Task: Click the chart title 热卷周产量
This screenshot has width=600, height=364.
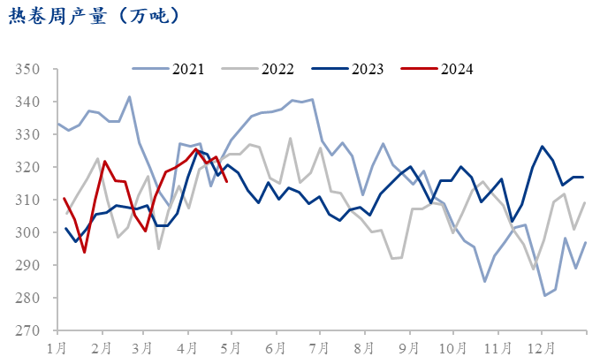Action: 95,15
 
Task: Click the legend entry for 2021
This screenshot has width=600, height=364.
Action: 188,68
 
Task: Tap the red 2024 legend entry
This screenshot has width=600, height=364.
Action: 457,68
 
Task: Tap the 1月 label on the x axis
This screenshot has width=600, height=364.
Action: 57,348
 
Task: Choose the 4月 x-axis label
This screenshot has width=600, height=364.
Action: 187,348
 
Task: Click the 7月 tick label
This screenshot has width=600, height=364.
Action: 319,348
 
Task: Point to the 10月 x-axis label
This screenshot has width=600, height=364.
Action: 451,348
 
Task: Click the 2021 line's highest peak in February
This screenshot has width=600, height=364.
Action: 130,97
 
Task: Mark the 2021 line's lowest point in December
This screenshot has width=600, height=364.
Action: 545,295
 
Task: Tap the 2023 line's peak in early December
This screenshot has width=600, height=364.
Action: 542,147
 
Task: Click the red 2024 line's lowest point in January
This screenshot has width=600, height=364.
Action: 85,253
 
